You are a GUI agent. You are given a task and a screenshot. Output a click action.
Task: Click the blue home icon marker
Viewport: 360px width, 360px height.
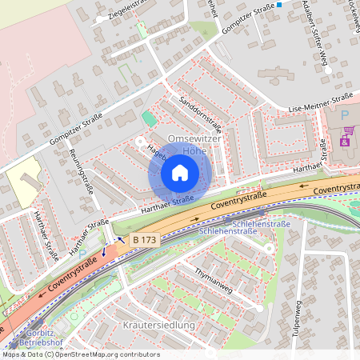pyautogui.click(x=180, y=172)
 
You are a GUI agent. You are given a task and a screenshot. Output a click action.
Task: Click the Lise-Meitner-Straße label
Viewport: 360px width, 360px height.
pyautogui.click(x=320, y=103)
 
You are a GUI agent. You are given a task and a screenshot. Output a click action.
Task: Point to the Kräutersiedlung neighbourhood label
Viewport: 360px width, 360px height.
pyautogui.click(x=159, y=325)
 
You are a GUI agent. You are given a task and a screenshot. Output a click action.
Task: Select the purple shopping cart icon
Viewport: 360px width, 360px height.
pyautogui.click(x=346, y=141)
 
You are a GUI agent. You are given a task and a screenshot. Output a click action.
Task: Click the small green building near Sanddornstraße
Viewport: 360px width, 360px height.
pyautogui.click(x=148, y=119)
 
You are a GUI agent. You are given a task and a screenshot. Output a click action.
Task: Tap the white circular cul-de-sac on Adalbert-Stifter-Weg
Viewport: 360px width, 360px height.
pyautogui.click(x=326, y=70)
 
